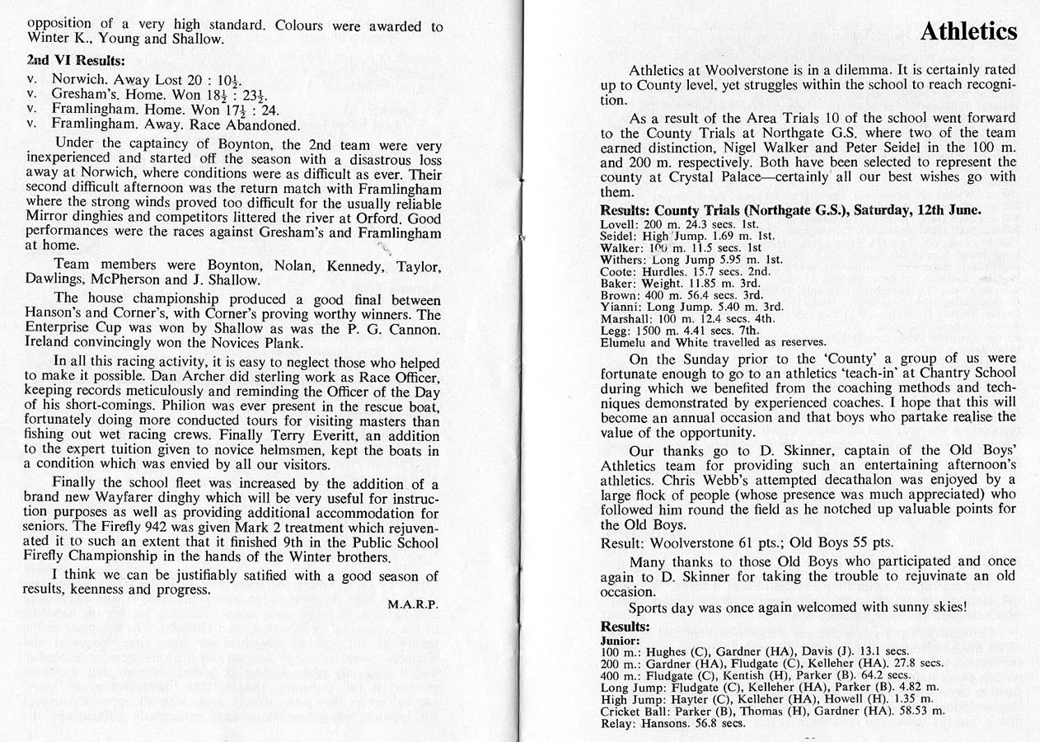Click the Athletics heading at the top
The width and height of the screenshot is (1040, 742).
967,31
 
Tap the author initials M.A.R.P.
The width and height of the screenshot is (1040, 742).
413,603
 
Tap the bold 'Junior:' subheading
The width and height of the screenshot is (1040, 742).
621,641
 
